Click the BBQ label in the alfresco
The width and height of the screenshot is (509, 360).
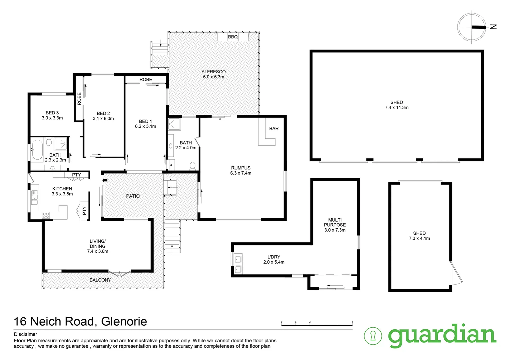[233, 37]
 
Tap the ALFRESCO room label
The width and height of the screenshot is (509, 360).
[214, 72]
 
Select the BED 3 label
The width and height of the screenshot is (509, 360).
[52, 113]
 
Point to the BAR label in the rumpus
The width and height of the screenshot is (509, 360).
[274, 128]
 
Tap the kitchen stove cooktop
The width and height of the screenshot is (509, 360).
[46, 215]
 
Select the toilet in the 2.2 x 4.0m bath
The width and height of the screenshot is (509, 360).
[192, 165]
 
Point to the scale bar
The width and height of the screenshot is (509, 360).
[317, 324]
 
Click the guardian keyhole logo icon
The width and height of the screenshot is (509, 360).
[373, 336]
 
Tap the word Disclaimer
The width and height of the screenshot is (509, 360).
[26, 334]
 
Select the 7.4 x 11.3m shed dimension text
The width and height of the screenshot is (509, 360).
[396, 108]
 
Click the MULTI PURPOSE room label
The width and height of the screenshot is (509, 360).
[335, 222]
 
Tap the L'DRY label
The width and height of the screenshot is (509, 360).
[274, 257]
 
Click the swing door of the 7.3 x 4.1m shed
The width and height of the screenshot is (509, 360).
[457, 273]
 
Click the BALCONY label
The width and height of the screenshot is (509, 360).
[100, 280]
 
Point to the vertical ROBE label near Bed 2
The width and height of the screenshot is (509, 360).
[79, 99]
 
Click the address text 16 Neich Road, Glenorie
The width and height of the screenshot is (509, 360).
[80, 321]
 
